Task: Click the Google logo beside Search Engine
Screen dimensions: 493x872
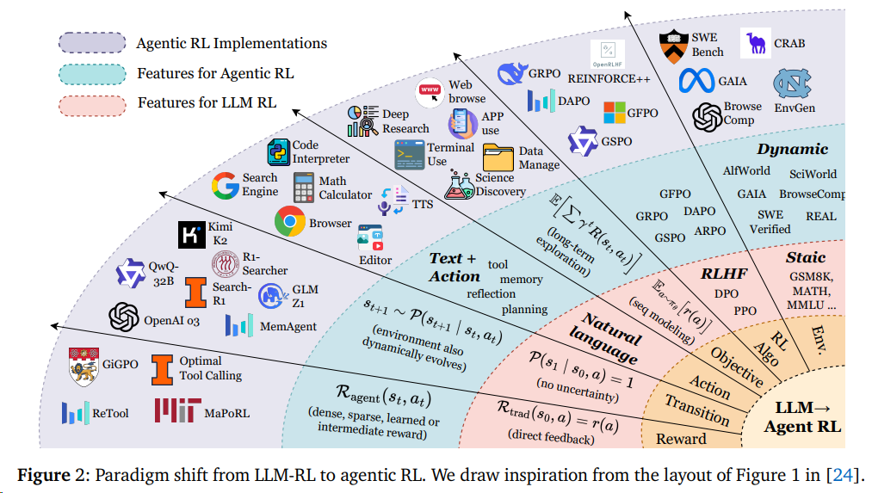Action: (x=226, y=185)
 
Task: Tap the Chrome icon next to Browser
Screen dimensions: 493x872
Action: (x=289, y=222)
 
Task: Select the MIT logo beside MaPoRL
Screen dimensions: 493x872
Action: (x=177, y=411)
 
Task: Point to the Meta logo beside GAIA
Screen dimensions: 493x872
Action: (x=698, y=82)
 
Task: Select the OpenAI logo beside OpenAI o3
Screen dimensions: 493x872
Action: (x=124, y=317)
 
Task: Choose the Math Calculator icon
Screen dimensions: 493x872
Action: (x=304, y=188)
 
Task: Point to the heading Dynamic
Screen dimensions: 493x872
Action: (x=792, y=149)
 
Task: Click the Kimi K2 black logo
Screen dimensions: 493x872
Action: (x=190, y=233)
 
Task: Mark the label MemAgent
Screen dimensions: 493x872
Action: (x=289, y=327)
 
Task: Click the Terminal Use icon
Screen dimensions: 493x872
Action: (x=409, y=155)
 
